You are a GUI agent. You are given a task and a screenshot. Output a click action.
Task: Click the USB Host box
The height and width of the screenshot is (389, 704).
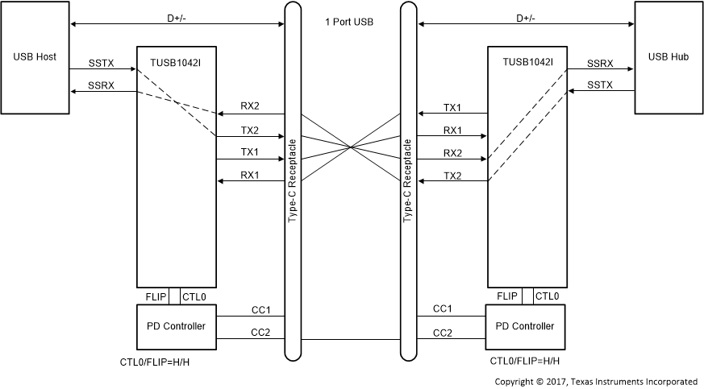click(x=35, y=57)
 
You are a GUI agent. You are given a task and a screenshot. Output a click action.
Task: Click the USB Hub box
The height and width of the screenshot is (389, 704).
click(x=669, y=57)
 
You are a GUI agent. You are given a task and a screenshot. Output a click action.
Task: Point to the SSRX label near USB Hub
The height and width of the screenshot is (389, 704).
click(x=600, y=62)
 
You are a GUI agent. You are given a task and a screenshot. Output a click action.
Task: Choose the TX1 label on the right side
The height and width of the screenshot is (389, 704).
click(x=452, y=107)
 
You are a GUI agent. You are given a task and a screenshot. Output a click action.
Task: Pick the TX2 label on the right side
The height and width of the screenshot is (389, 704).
click(x=452, y=175)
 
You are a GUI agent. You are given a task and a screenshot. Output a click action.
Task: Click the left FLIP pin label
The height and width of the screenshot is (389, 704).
click(x=156, y=297)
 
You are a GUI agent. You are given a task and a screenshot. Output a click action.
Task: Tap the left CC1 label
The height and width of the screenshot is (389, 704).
click(x=260, y=308)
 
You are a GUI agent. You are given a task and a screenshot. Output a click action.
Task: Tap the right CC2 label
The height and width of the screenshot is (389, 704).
click(x=442, y=332)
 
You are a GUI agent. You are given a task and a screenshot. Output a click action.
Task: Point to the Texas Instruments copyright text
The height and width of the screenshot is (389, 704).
click(x=596, y=380)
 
